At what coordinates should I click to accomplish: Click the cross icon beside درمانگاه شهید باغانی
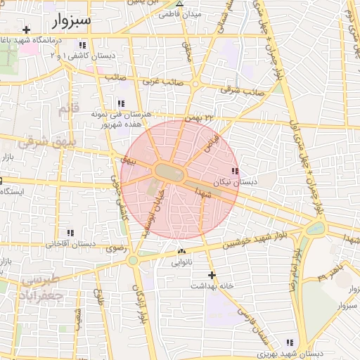click(26, 30)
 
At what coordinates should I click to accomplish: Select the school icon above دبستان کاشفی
click(83, 46)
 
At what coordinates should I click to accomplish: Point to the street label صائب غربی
click(162, 82)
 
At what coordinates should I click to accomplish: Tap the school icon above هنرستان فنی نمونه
click(121, 103)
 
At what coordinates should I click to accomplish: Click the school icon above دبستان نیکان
click(235, 171)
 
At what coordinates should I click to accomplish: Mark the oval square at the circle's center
click(169, 172)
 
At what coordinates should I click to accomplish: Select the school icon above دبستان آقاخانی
click(70, 233)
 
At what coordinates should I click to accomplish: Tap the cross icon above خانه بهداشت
click(210, 275)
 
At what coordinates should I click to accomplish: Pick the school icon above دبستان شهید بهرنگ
click(290, 342)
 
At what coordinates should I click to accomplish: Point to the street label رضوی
click(115, 247)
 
